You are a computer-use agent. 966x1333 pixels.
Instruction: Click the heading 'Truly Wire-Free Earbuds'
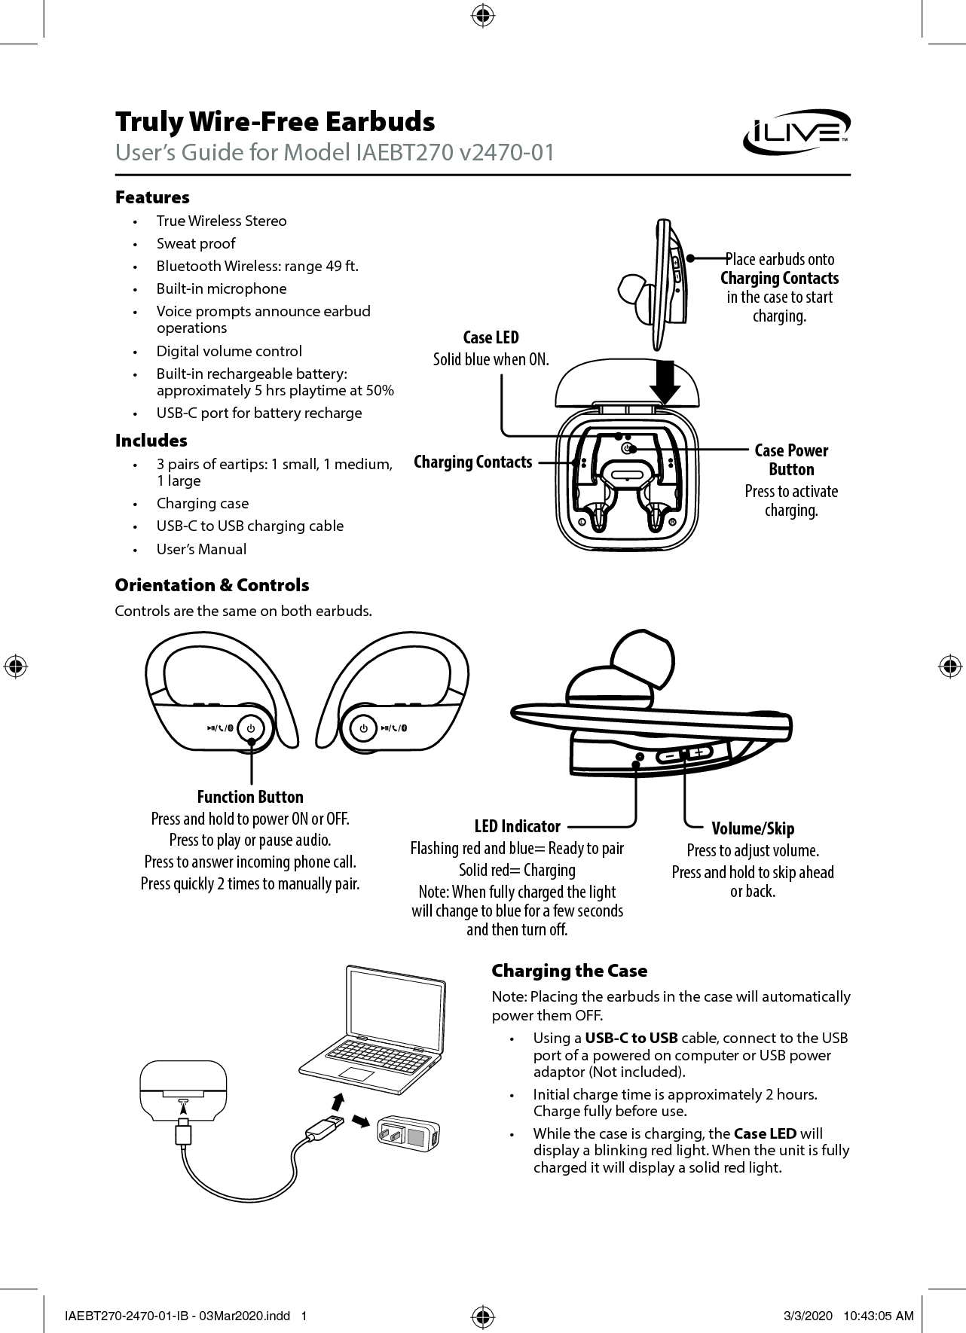275,121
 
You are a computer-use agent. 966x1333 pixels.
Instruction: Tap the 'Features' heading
152,197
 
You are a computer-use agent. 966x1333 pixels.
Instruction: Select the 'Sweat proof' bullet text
196,243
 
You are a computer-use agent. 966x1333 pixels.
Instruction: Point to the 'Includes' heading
151,441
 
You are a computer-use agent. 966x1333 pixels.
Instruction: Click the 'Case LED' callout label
491,337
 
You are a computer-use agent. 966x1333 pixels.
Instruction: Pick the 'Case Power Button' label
790,459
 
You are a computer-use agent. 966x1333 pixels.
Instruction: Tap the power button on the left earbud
251,728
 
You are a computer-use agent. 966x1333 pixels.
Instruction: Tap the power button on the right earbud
363,728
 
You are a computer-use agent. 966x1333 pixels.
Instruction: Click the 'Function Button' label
250,797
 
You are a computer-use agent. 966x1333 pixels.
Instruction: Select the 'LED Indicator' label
517,826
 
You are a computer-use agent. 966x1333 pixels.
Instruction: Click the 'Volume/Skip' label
753,828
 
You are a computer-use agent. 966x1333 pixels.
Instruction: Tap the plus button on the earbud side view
700,752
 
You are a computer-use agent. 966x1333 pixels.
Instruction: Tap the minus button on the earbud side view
669,755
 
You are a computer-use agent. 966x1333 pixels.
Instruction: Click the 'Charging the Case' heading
569,971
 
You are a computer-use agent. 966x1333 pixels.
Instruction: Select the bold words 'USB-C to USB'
631,1038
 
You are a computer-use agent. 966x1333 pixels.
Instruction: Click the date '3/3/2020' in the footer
809,1316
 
